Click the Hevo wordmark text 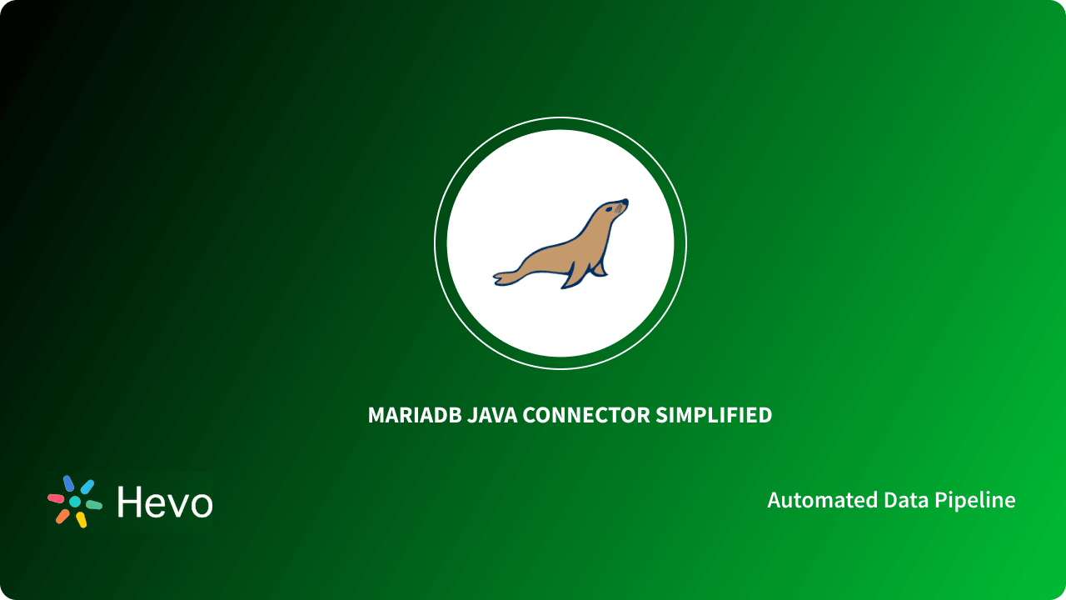(165, 502)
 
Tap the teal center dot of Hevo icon (75, 502)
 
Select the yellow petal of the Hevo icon (82, 520)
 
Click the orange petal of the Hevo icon (62, 516)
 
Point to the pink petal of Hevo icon (56, 498)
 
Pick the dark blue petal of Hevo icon (68, 483)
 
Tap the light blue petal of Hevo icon (87, 487)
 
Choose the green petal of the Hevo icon (94, 505)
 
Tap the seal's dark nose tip (625, 201)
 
